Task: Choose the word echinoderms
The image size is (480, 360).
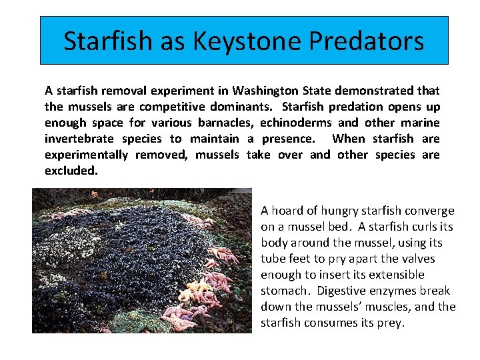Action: pyautogui.click(x=296, y=123)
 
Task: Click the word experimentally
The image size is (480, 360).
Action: pyautogui.click(x=86, y=155)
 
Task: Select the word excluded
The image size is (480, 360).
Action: pyautogui.click(x=71, y=171)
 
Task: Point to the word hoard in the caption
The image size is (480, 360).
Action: pyautogui.click(x=288, y=211)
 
